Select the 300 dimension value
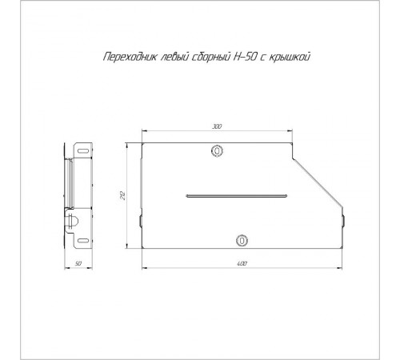click(x=216, y=126)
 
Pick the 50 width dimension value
click(x=78, y=262)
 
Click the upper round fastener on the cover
click(x=216, y=150)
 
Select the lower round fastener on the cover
click(x=242, y=240)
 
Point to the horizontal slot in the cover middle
click(x=235, y=194)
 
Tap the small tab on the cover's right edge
click(x=344, y=218)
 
